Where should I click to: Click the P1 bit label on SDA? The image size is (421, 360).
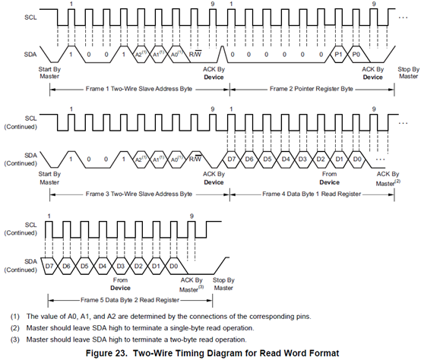338,55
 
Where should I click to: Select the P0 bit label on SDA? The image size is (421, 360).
356,55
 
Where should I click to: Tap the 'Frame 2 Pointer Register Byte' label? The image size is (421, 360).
311,89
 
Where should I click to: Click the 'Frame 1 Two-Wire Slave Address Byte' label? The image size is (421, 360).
139,89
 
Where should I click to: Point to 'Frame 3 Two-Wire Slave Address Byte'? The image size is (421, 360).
139,194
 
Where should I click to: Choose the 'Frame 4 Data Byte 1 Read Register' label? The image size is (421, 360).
312,194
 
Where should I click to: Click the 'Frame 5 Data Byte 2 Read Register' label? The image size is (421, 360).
130,300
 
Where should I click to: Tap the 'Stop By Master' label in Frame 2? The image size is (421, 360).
408,73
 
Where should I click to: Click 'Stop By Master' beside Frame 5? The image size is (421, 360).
223,284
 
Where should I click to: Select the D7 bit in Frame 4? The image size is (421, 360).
232,159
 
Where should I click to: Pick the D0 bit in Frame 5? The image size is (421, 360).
174,266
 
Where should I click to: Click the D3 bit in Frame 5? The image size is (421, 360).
121,266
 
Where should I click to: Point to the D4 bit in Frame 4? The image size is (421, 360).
286,159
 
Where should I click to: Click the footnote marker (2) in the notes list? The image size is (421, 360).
15,328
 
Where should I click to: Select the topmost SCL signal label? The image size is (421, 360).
30,17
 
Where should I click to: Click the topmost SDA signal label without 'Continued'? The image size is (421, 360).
30,55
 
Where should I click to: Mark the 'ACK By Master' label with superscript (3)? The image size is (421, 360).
192,285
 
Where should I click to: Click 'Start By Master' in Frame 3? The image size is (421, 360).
49,178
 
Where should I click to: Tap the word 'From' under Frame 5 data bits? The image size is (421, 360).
120,280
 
